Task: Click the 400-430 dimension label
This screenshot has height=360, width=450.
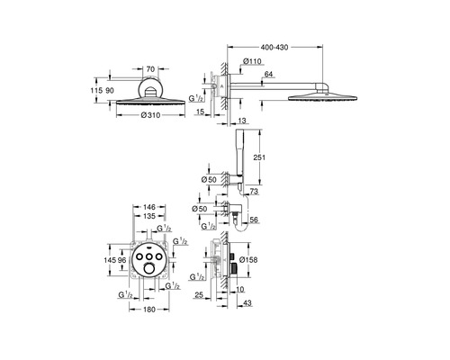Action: coord(274,47)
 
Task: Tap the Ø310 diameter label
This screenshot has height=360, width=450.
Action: coord(150,115)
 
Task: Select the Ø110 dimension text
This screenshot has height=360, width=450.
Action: coord(252,61)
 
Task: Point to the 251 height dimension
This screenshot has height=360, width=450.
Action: coord(259,157)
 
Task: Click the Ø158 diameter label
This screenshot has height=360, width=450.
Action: coord(248,260)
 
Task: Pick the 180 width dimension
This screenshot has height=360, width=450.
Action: coord(148,310)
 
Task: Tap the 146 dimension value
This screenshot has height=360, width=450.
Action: coord(149,207)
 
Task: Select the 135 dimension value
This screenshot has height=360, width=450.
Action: coord(149,216)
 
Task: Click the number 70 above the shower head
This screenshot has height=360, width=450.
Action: coord(150,69)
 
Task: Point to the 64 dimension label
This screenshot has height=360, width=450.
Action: coord(269,74)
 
